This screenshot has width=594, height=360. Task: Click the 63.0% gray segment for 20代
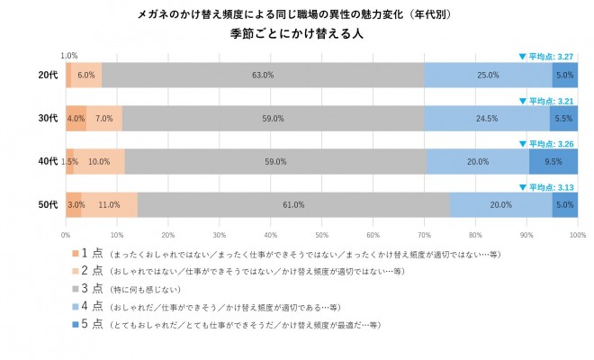tap(263, 75)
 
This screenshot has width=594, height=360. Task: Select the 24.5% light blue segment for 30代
tap(487, 118)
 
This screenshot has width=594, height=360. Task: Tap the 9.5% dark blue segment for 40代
tap(553, 162)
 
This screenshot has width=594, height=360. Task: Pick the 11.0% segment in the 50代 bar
tap(109, 205)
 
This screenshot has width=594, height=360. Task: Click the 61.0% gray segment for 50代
tap(293, 205)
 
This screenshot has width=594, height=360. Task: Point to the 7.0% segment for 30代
tap(103, 118)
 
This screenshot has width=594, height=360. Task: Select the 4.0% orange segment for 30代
tap(76, 118)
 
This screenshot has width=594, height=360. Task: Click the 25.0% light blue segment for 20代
tap(488, 75)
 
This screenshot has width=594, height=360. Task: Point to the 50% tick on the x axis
tap(322, 233)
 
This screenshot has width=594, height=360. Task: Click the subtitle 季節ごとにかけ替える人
tap(297, 34)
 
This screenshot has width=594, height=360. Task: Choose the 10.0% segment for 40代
tap(99, 162)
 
